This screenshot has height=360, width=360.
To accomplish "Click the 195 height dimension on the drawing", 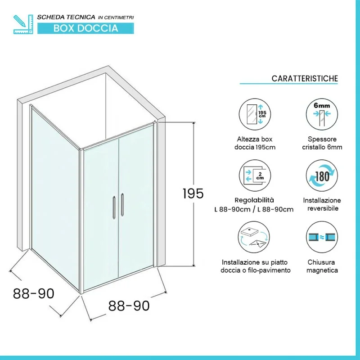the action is pyautogui.click(x=193, y=193).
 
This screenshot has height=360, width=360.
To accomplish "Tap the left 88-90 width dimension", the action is pyautogui.click(x=33, y=293).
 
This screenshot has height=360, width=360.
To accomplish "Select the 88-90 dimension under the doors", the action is pyautogui.click(x=129, y=306).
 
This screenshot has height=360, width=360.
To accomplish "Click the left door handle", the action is pyautogui.click(x=114, y=207).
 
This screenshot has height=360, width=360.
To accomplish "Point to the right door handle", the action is pyautogui.click(x=122, y=205).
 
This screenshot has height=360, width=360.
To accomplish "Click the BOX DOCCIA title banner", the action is pyautogui.click(x=85, y=28).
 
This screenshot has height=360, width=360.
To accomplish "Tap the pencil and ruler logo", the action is pyautogui.click(x=23, y=24).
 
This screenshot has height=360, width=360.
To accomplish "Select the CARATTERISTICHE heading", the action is pyautogui.click(x=305, y=78).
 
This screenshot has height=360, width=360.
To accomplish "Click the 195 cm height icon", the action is pyautogui.click(x=255, y=114).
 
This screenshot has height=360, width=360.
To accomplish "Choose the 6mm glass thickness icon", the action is pyautogui.click(x=322, y=114).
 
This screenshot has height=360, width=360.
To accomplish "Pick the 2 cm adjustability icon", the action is pyautogui.click(x=255, y=175).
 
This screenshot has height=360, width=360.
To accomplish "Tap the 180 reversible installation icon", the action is pyautogui.click(x=322, y=175).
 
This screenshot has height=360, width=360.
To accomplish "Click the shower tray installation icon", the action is pyautogui.click(x=254, y=237).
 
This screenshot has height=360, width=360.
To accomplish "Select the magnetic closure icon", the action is pyautogui.click(x=322, y=237).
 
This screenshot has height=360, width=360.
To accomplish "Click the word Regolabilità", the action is pyautogui.click(x=254, y=200).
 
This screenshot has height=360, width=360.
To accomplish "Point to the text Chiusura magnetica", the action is pyautogui.click(x=322, y=266).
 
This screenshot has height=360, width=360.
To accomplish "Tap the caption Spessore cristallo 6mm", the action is pyautogui.click(x=322, y=143).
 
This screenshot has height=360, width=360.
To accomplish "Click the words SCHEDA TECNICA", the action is pyautogui.click(x=66, y=17).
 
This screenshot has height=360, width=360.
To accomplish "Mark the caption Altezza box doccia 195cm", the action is pyautogui.click(x=255, y=143).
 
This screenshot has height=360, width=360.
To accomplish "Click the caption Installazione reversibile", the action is pyautogui.click(x=322, y=204).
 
